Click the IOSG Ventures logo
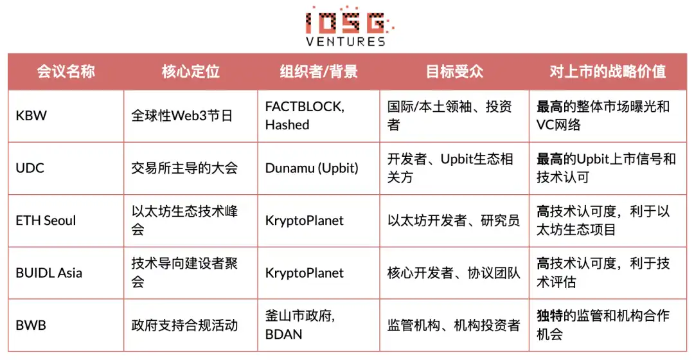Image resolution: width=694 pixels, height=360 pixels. click(347, 26)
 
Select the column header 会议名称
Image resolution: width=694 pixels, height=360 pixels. click(66, 71)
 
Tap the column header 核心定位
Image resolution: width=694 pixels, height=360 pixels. click(190, 71)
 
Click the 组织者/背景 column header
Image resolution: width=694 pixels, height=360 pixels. click(319, 71)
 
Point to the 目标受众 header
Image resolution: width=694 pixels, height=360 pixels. click(454, 71)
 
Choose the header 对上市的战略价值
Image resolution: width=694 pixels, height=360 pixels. click(607, 71)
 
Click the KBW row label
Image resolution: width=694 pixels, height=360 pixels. click(31, 116)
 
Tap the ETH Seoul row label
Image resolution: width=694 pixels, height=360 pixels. click(46, 221)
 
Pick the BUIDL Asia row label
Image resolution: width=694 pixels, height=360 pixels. click(49, 273)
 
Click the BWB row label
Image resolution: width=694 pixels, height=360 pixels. click(31, 325)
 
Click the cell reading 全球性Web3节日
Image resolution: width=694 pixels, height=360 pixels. click(182, 116)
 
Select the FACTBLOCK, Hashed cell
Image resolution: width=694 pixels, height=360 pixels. click(305, 116)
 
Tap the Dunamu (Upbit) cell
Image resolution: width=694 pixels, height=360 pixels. click(312, 168)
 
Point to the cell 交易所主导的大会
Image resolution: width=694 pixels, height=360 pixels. click(184, 168)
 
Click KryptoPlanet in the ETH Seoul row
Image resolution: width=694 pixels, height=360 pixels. click(304, 221)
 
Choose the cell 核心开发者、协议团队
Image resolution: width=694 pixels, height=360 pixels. click(454, 273)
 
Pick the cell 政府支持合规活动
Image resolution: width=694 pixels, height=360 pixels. click(184, 325)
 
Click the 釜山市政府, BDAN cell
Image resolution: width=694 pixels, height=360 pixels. click(299, 325)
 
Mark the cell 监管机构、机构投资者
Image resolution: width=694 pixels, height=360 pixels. click(454, 325)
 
